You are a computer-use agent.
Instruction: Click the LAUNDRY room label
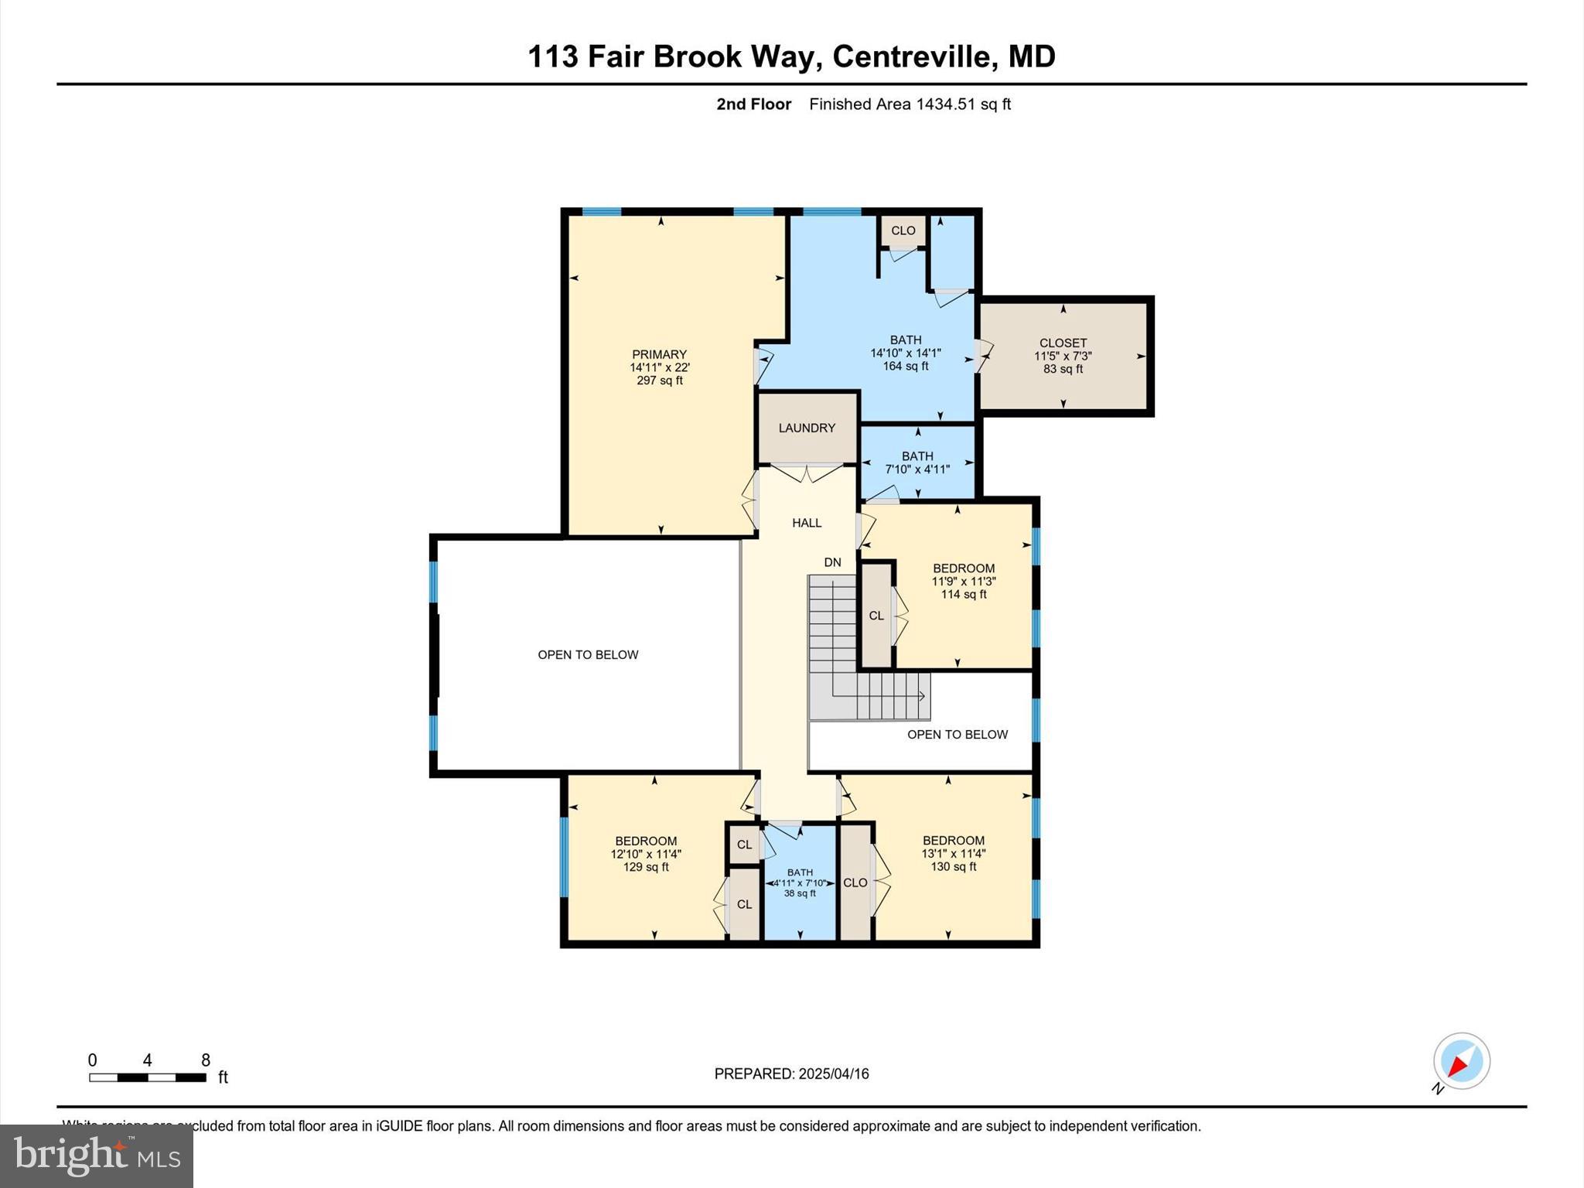pyautogui.click(x=807, y=428)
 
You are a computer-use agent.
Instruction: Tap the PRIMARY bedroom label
pyautogui.click(x=659, y=355)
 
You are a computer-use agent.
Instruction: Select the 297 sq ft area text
pyautogui.click(x=659, y=381)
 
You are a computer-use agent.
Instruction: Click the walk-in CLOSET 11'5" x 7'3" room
pyautogui.click(x=1063, y=356)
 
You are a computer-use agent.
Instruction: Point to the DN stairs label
pyautogui.click(x=832, y=562)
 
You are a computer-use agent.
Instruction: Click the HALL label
pyautogui.click(x=807, y=523)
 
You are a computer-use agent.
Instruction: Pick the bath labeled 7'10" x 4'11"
pyautogui.click(x=917, y=463)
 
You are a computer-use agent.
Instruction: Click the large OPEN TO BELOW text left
pyautogui.click(x=588, y=655)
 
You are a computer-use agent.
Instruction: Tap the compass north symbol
pyautogui.click(x=1461, y=1061)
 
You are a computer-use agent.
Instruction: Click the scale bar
pyautogui.click(x=148, y=1077)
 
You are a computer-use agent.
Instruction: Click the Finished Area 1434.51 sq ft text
pyautogui.click(x=910, y=104)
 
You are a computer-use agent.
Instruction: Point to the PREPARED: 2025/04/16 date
pyautogui.click(x=791, y=1074)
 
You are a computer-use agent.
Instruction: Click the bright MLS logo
pyautogui.click(x=97, y=1156)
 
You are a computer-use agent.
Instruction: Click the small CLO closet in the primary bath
pyautogui.click(x=903, y=230)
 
